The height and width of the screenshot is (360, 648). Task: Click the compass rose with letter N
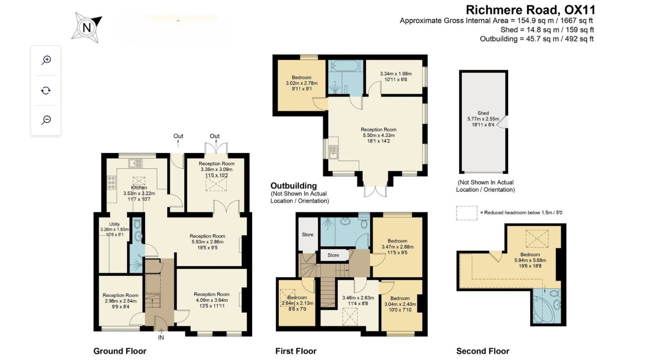tap(86, 27)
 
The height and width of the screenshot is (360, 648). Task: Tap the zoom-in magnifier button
tap(46, 60)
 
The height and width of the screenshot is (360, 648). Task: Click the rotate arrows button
tap(46, 90)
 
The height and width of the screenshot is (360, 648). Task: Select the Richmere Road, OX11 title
tap(530, 10)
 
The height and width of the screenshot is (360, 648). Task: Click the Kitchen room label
tap(139, 188)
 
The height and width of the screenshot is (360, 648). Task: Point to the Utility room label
tap(114, 224)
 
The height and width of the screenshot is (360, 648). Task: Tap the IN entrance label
tap(161, 337)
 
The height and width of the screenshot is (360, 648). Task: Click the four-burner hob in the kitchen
tap(112, 183)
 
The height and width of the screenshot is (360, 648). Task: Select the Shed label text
tap(483, 113)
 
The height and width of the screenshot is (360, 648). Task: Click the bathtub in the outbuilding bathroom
tap(345, 66)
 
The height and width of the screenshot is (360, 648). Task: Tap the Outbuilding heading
tap(294, 185)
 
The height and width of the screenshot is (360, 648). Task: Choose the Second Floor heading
tap(483, 351)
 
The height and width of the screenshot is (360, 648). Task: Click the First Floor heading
tap(296, 351)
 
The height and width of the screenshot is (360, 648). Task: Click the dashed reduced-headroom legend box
tap(467, 213)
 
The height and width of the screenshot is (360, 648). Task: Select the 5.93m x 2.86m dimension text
tap(207, 242)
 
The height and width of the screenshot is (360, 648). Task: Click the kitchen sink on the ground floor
tap(136, 163)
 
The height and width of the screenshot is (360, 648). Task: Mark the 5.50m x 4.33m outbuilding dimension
tap(379, 135)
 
